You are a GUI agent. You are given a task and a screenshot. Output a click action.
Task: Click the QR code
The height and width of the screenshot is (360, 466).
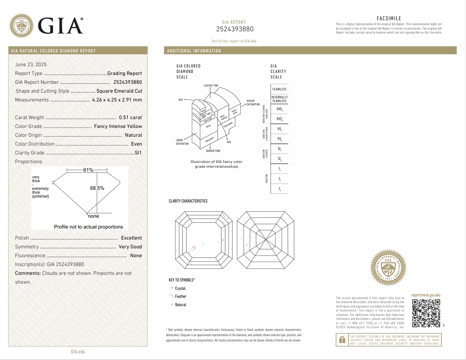(426, 313)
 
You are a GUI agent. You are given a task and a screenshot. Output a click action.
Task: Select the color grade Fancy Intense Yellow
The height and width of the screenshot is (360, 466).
(118, 126)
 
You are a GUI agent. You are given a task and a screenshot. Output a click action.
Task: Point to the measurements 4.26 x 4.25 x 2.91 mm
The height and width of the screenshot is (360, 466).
(117, 100)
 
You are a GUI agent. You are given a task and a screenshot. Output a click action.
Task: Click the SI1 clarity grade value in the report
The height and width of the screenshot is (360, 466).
(138, 153)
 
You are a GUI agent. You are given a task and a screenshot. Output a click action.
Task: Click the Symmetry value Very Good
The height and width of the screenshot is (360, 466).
(130, 247)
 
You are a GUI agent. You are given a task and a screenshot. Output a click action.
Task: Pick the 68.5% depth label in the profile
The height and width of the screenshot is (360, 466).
(97, 188)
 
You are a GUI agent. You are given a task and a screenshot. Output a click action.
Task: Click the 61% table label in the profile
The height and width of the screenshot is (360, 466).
(88, 170)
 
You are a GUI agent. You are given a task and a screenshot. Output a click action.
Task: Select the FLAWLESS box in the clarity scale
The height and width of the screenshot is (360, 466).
(280, 89)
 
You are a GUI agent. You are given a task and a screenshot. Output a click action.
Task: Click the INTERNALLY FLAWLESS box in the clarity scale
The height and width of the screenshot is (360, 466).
(280, 99)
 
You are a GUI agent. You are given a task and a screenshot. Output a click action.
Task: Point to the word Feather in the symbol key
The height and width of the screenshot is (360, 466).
(181, 296)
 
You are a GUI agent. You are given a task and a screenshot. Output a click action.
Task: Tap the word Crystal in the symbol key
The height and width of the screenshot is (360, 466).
(180, 288)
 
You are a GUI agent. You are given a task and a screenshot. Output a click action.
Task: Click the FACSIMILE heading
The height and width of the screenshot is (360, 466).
(388, 18)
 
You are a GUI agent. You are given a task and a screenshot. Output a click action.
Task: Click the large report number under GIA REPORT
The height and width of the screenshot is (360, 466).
(235, 30)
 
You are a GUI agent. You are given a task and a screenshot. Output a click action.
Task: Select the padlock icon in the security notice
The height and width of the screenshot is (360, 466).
(342, 340)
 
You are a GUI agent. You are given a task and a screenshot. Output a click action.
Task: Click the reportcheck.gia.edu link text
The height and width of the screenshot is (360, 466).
(425, 295)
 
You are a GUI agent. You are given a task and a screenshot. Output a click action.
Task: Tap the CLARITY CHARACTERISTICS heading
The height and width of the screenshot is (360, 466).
(188, 201)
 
